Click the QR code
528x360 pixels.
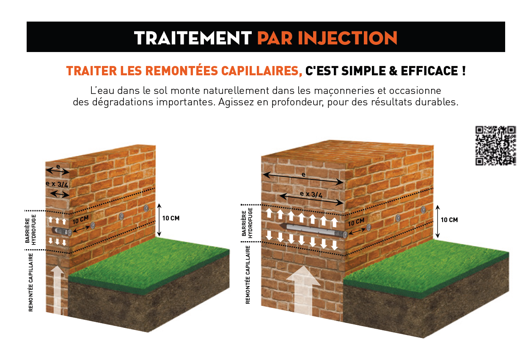(495, 146)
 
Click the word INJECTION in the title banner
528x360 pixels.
(348, 38)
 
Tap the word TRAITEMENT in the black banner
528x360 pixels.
(193, 38)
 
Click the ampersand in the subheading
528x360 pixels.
(393, 71)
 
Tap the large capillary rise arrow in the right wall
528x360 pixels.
(303, 291)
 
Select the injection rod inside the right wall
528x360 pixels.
(313, 230)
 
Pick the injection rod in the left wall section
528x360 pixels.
(62, 231)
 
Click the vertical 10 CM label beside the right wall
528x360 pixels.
(449, 220)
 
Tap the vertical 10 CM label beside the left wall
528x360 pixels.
(171, 218)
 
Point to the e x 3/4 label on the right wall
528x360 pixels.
(311, 194)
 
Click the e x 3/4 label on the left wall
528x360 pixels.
(57, 184)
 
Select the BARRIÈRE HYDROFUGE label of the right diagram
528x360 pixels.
(247, 223)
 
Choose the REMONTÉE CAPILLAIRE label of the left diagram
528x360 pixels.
(30, 282)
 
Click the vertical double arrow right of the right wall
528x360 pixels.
(437, 221)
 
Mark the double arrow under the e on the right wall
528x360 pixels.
(303, 179)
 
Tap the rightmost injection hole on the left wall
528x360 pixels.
(146, 208)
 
